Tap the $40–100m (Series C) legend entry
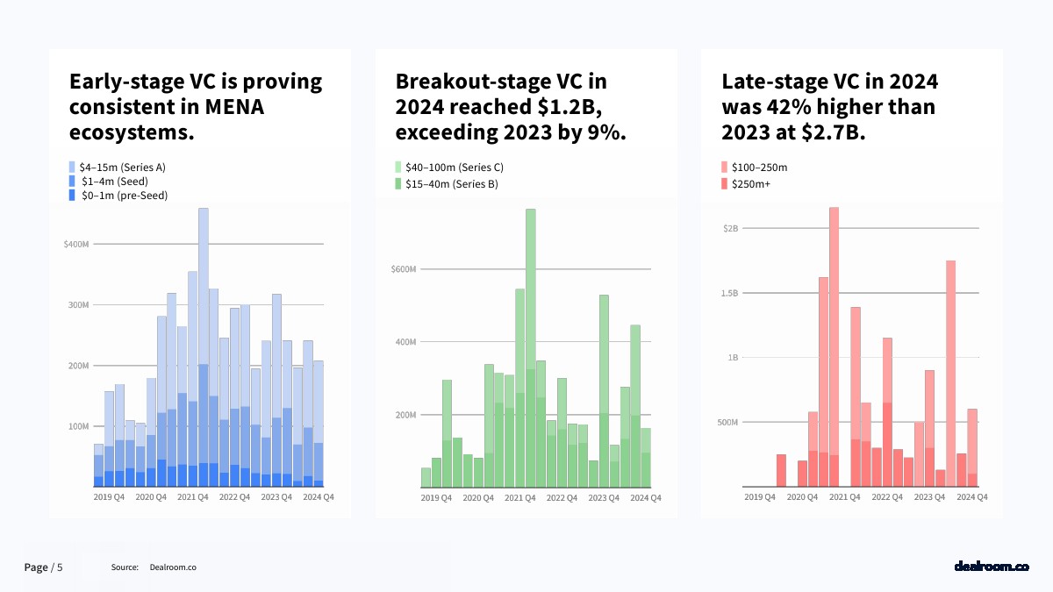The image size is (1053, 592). pyautogui.click(x=448, y=167)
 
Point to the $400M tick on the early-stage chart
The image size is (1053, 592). pyautogui.click(x=76, y=244)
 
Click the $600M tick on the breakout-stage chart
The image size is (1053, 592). pyautogui.click(x=405, y=269)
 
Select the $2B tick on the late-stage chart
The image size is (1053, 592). pyautogui.click(x=730, y=228)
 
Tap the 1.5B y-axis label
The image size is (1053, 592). pyautogui.click(x=728, y=293)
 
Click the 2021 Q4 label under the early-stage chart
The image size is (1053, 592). pyautogui.click(x=193, y=497)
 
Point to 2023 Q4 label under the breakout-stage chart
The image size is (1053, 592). pyautogui.click(x=603, y=498)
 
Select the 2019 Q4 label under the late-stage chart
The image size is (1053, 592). pyautogui.click(x=759, y=497)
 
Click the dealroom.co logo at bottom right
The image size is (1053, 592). pyautogui.click(x=991, y=567)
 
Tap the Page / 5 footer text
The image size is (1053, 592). pyautogui.click(x=43, y=567)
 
